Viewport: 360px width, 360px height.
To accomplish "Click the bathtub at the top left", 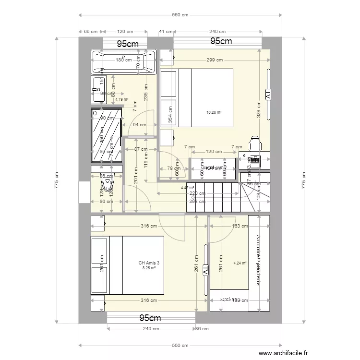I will coord(124,62).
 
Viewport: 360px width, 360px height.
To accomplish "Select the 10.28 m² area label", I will coord(214,113).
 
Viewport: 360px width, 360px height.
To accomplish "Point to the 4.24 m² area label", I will coord(240,263).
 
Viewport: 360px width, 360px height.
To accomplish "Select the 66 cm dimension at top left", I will coord(91,32).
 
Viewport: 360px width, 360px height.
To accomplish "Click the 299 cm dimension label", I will coord(215,60).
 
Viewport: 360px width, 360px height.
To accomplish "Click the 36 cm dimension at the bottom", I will coord(202,329).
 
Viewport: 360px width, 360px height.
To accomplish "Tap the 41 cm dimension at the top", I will coord(166,32).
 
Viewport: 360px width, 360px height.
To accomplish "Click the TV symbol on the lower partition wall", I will coord(205,270).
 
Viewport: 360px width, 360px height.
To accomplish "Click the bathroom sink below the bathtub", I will coord(99,89).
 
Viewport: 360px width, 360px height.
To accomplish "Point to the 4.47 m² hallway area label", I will coord(187,188).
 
